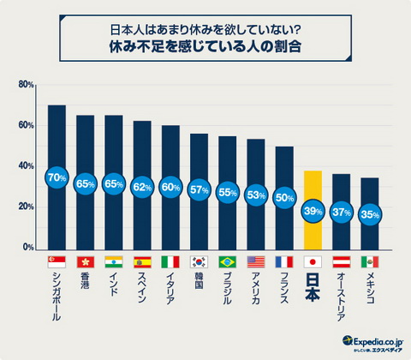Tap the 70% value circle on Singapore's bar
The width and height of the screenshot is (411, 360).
tap(57, 178)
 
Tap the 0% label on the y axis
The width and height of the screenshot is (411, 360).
tap(27, 248)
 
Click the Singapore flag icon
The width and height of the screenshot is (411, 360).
tap(57, 261)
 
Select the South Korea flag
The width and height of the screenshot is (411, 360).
tap(199, 261)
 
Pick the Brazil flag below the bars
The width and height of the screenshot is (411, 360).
tap(227, 261)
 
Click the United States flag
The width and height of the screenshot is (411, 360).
tap(255, 261)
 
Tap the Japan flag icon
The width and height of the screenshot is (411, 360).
tap(313, 261)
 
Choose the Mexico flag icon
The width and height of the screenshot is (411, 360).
tap(369, 261)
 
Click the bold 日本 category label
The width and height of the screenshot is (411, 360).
tap(313, 287)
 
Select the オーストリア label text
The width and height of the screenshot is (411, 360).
tap(341, 296)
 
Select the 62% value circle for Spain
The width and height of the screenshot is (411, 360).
tap(142, 186)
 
